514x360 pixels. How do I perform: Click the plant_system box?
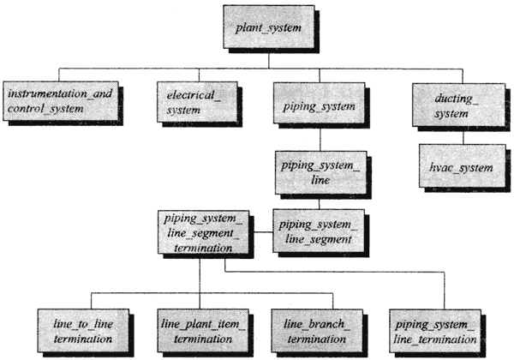click(x=269, y=27)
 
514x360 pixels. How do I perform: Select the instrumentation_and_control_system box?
click(x=61, y=101)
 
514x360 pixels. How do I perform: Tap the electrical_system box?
click(x=197, y=102)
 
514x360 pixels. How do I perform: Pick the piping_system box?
click(x=319, y=103)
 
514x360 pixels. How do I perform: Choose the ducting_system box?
click(x=458, y=105)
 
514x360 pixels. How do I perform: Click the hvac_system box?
click(x=463, y=166)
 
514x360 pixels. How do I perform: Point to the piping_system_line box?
click(x=320, y=172)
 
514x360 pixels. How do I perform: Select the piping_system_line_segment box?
click(x=319, y=231)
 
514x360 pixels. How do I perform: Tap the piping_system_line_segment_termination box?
click(x=204, y=232)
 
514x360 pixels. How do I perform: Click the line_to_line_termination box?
click(x=83, y=331)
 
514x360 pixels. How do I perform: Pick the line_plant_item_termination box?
click(x=203, y=331)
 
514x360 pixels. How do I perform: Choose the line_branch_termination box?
click(x=317, y=331)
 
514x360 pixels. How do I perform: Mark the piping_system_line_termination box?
click(x=435, y=331)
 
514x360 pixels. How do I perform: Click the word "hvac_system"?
click(x=461, y=167)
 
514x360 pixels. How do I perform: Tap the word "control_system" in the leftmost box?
click(x=45, y=109)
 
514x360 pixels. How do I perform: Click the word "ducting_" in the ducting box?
click(x=457, y=99)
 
